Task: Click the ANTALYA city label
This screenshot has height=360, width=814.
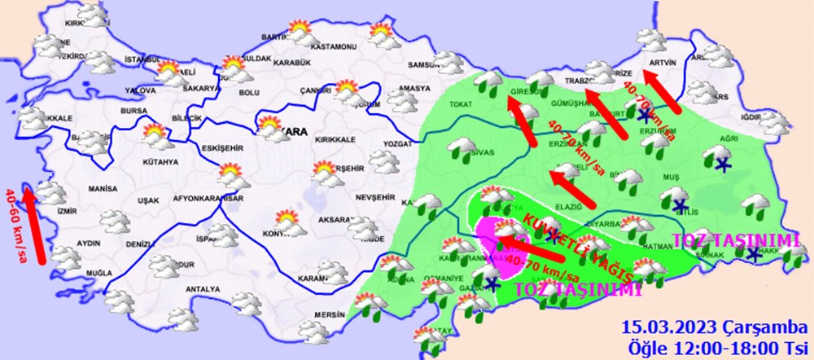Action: point(204,289)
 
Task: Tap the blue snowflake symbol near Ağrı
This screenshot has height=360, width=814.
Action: point(722,165)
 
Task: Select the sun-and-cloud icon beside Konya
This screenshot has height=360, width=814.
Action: point(287,220)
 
